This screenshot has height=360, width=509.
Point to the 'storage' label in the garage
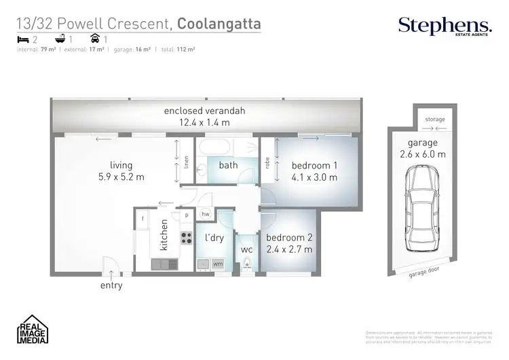[x=435, y=119]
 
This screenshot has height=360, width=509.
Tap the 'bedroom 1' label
[x=313, y=166]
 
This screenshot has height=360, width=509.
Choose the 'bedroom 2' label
[x=288, y=238]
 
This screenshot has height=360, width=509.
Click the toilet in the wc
[x=248, y=264]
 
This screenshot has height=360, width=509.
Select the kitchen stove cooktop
[x=186, y=238]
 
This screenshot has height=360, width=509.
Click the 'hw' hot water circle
[x=206, y=214]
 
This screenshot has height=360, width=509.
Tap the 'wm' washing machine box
[x=219, y=263]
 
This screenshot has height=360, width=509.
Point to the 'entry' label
[x=111, y=285]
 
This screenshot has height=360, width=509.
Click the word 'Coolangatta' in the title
[x=219, y=25]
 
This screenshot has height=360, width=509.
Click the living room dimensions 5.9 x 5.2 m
[x=122, y=177]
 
